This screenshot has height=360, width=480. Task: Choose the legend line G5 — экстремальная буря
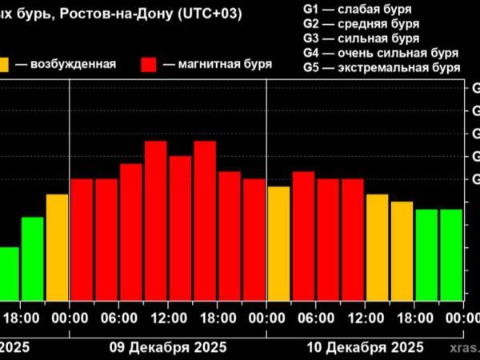pos(382,67)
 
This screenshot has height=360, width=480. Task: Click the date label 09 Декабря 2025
pos(168,347)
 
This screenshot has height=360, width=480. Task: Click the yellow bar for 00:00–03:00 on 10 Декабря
pos(278,244)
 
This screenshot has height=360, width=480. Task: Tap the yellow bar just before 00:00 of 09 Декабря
pos(57,247)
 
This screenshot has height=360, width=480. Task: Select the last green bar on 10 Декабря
pos(452,255)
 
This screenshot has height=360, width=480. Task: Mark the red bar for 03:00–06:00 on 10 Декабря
pos(303,236)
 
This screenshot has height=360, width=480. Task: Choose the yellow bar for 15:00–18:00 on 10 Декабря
pos(402,251)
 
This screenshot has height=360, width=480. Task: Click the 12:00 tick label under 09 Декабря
pos(168,318)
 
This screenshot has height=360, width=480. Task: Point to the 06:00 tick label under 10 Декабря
pos(316,318)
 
